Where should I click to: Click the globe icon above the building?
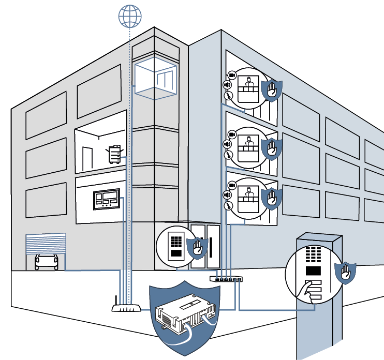tap(129, 16)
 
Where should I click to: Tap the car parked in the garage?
tap(46, 261)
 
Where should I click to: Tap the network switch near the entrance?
tap(226, 279)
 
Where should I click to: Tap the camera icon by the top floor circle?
tap(231, 76)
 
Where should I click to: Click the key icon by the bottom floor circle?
tap(227, 205)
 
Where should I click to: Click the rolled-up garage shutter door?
tap(46, 242)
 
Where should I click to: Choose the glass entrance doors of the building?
tap(206, 247)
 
